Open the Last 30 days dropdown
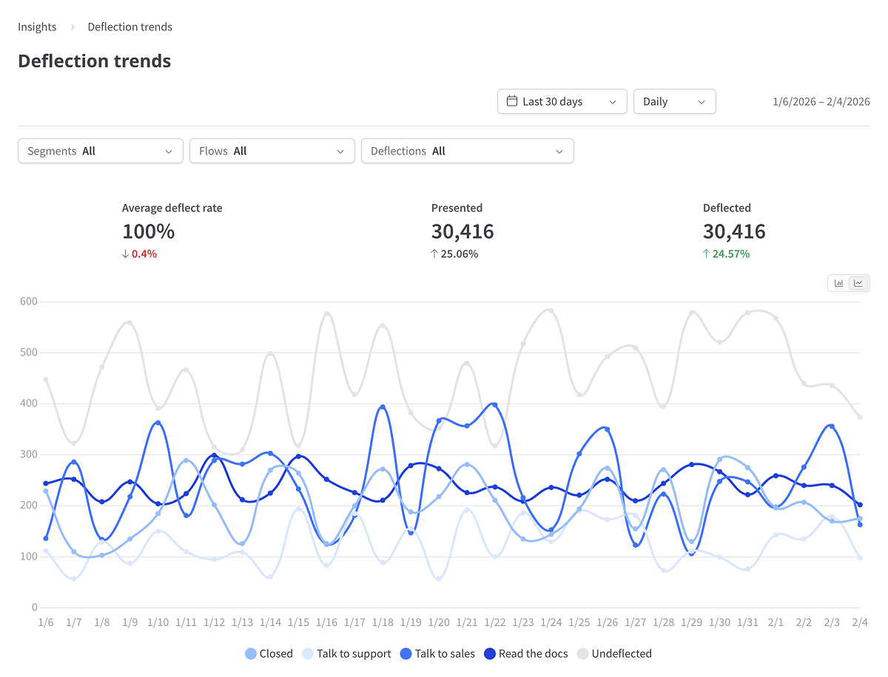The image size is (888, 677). click(562, 102)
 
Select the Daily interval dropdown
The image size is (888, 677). click(674, 102)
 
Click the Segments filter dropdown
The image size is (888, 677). click(100, 152)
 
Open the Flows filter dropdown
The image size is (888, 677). click(272, 152)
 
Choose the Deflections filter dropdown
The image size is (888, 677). click(467, 152)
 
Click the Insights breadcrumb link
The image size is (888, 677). click(37, 27)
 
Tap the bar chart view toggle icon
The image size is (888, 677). click(839, 283)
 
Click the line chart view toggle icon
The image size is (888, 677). click(858, 283)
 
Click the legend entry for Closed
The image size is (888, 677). click(269, 653)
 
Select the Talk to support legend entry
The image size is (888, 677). click(346, 653)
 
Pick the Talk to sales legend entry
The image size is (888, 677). click(437, 653)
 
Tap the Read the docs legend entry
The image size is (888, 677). click(525, 653)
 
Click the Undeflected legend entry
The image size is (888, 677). click(614, 653)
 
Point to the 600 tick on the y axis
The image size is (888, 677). click(28, 302)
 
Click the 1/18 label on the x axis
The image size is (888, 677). click(383, 623)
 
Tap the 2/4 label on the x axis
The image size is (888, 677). click(859, 623)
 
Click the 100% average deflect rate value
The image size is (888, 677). click(148, 231)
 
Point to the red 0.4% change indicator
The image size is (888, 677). click(144, 254)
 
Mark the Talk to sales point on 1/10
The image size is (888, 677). click(158, 423)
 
